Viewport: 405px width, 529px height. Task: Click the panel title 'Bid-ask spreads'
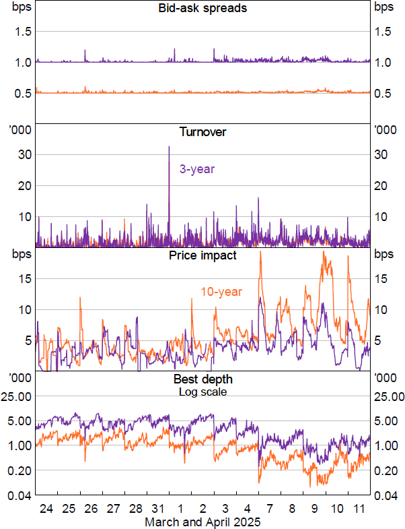click(x=202, y=8)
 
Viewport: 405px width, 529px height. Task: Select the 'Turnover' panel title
click(x=202, y=132)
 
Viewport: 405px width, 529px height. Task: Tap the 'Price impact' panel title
click(x=202, y=256)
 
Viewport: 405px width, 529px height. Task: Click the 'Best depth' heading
click(x=202, y=379)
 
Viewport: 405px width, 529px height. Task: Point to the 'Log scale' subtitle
click(x=202, y=391)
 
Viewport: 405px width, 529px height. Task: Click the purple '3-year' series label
click(x=196, y=169)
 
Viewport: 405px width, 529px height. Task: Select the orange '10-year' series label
click(x=221, y=292)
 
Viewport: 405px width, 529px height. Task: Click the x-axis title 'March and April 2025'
click(x=202, y=522)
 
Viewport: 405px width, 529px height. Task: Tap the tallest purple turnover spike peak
click(x=169, y=146)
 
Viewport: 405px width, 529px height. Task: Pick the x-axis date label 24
click(x=46, y=507)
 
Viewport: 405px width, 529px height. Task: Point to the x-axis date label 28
click(x=135, y=507)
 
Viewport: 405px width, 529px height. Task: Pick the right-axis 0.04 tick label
click(x=387, y=495)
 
